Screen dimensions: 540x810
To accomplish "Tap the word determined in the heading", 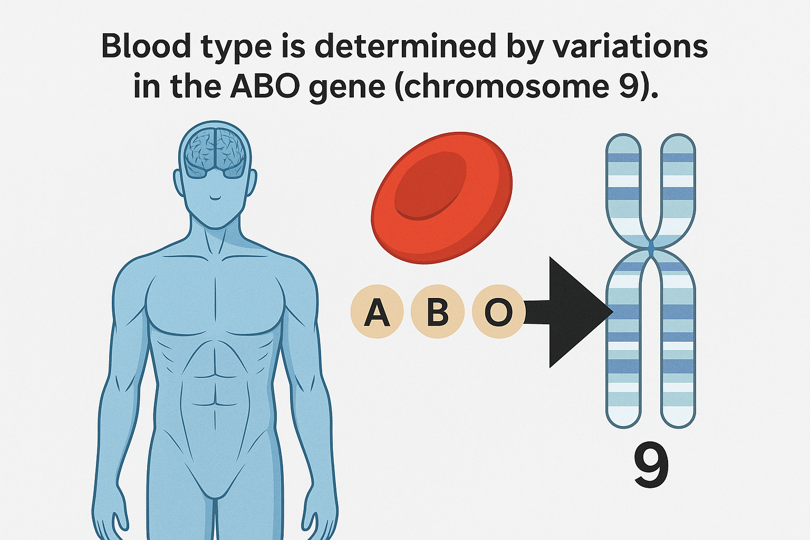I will pyautogui.click(x=406, y=46).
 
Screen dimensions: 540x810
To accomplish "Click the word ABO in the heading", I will pyautogui.click(x=265, y=87).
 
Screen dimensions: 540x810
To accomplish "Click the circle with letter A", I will pyautogui.click(x=377, y=312).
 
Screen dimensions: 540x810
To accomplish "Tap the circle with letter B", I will pyautogui.click(x=438, y=312).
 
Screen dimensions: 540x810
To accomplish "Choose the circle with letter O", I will pyautogui.click(x=498, y=312).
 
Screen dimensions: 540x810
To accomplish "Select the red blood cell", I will pyautogui.click(x=442, y=198).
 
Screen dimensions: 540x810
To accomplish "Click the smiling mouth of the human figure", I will pyautogui.click(x=215, y=198).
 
